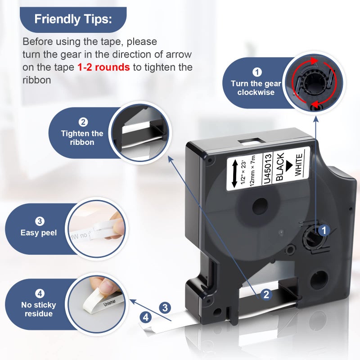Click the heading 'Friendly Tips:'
point(73,19)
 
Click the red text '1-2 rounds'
point(103,67)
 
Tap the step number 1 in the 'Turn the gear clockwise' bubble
point(257,72)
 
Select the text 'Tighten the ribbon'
point(82,138)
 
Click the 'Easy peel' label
point(39,233)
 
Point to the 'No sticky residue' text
point(39,309)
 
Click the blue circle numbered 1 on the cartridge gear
point(324,230)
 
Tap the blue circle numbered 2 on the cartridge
point(266,295)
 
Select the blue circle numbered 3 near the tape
point(165,308)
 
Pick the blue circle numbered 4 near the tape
point(146,318)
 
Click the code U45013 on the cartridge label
point(267,169)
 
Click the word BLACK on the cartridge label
point(280,166)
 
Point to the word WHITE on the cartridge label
point(298,165)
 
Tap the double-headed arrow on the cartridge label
point(235,174)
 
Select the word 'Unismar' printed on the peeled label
point(109,303)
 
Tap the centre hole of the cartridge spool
point(260,207)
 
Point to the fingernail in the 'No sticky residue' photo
point(107,287)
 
